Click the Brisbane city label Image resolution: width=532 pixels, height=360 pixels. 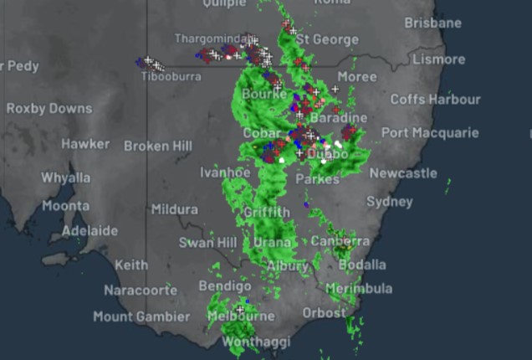pos(432,23)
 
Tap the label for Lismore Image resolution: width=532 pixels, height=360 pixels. pos(437,59)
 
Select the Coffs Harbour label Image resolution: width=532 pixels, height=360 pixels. pos(435,99)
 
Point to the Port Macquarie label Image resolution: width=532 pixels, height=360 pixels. pos(430,132)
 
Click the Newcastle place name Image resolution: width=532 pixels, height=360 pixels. pos(403,173)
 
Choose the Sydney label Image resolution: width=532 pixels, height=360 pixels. pos(389,202)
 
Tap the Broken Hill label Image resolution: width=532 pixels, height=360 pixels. pos(158,146)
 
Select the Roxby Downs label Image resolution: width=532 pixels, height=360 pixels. pos(49,108)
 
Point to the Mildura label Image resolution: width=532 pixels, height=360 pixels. pos(175,209)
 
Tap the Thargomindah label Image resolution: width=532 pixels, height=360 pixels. pos(212,39)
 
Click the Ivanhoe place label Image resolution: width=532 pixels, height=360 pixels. pos(225,172)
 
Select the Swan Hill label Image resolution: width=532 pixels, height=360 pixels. pos(207,243)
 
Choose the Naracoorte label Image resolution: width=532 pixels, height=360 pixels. pos(141,290)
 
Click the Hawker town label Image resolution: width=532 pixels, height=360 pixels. pos(85,144)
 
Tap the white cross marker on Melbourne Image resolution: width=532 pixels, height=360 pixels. pos(240,309)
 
